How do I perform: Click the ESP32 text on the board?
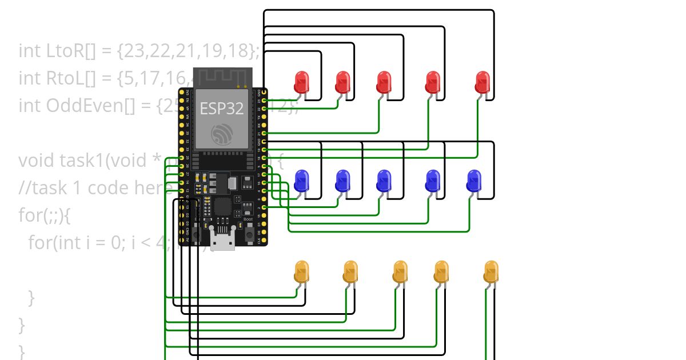click(221, 109)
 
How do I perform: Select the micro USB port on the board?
click(222, 240)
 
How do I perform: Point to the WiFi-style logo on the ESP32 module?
click(221, 135)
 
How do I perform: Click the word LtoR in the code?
click(61, 51)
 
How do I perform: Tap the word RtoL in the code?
click(61, 78)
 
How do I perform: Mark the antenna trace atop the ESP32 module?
click(222, 77)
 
